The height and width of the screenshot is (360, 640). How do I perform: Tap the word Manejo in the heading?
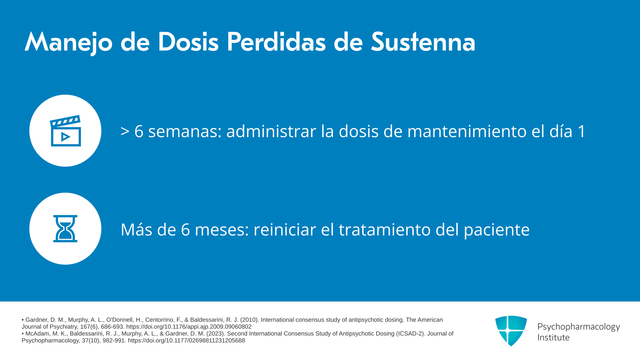(x=69, y=43)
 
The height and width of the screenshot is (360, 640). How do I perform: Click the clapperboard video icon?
(x=65, y=131)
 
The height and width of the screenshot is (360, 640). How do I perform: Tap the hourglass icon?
(x=65, y=229)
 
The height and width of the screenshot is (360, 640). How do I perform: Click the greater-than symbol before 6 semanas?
(x=125, y=131)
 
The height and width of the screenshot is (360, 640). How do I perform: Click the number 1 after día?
(x=581, y=131)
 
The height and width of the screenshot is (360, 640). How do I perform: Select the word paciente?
(x=497, y=230)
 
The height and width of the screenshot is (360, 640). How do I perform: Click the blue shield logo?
(x=511, y=331)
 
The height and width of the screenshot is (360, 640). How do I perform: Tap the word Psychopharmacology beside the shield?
(x=579, y=327)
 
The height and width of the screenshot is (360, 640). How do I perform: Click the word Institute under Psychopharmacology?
(x=553, y=337)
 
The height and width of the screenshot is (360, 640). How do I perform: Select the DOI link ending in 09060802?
(x=189, y=327)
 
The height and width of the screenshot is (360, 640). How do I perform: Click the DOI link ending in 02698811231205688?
(x=186, y=341)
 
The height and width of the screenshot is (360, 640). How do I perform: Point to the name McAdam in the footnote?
(x=38, y=334)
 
